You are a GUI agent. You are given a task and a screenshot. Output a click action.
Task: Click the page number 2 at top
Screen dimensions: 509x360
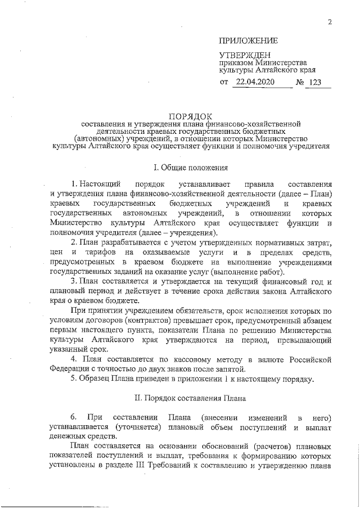click(x=331, y=22)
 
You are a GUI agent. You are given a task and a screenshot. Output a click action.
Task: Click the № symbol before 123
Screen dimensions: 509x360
click(x=300, y=83)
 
